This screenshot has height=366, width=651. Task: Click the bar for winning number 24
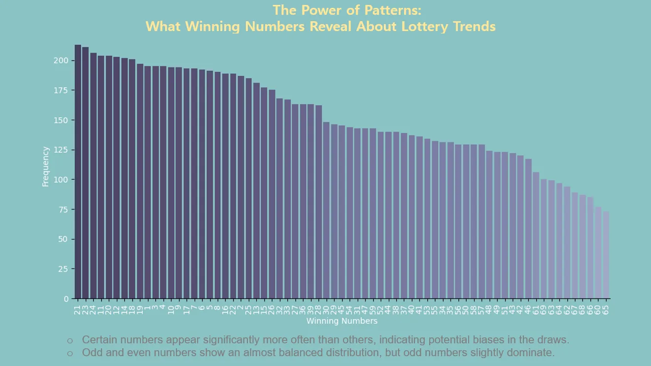[94, 175]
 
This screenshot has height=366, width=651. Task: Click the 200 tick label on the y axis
[62, 61]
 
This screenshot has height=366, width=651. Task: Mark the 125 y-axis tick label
[62, 150]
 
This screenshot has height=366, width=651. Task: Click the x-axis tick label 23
[85, 310]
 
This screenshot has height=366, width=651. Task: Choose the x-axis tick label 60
[598, 310]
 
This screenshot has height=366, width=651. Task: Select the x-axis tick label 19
[140, 310]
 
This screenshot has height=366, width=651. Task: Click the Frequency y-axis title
[46, 166]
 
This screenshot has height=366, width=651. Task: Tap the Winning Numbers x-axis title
[342, 321]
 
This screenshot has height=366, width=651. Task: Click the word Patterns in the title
[394, 10]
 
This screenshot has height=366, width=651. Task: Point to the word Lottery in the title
[424, 26]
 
